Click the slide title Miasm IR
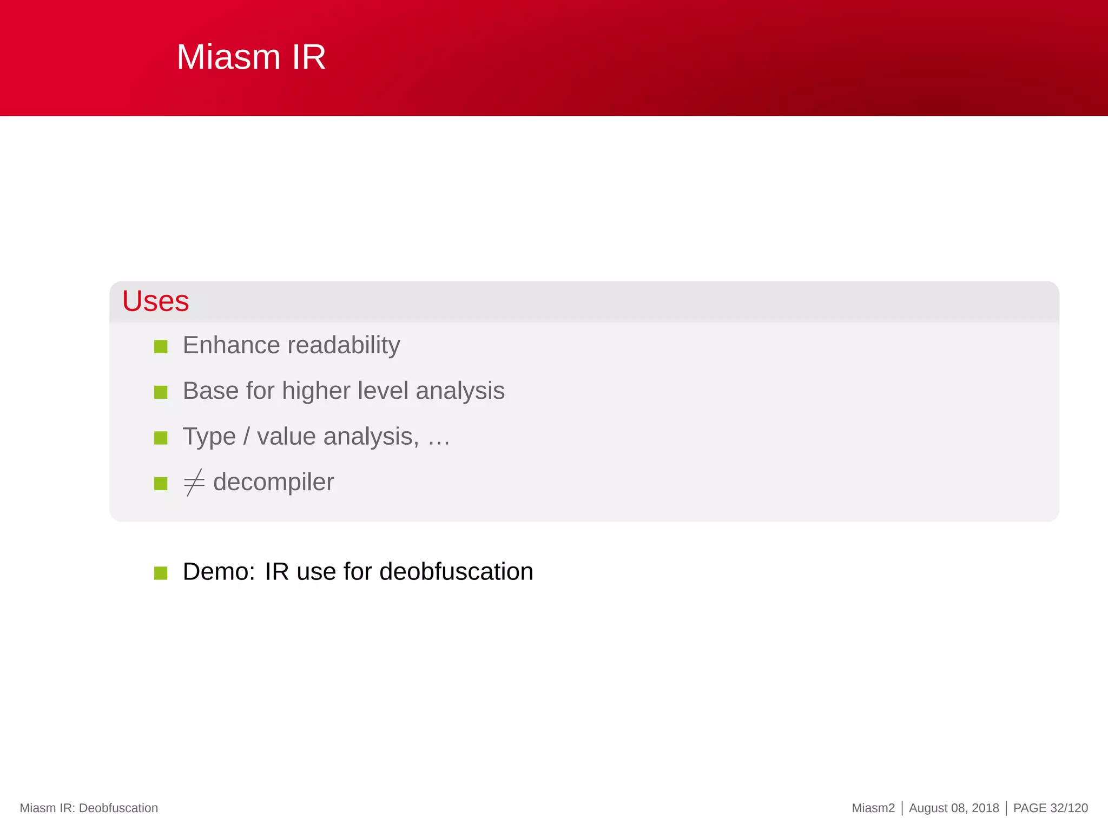tap(251, 57)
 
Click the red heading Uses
tap(155, 301)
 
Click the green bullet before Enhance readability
tap(161, 346)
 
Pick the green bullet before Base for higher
tap(161, 392)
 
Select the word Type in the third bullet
tap(209, 437)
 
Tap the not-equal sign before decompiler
tap(194, 482)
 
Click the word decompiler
tap(273, 482)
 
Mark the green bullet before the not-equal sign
tap(161, 483)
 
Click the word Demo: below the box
tap(219, 571)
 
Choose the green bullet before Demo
tap(161, 572)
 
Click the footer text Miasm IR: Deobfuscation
tap(89, 808)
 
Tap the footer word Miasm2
tap(873, 808)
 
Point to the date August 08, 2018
tap(953, 808)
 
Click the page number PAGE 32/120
tap(1050, 808)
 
